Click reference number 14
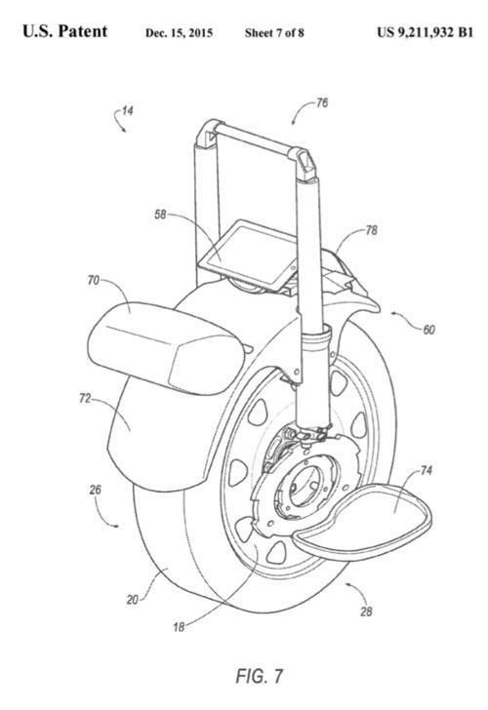pos(128,110)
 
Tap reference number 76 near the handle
pos(322,103)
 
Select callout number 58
pos(160,215)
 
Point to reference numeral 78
pos(371,230)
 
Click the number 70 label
pos(94,281)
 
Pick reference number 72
pos(85,399)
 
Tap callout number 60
pos(428,330)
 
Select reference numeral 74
pos(426,471)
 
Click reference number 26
pos(95,490)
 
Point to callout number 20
pos(133,600)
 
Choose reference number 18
pos(179,627)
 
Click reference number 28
pos(366,612)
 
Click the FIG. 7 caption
pos(260,676)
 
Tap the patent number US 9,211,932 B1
pos(425,32)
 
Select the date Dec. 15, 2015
pos(179,33)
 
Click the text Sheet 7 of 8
pos(274,33)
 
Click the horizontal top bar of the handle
pos(256,139)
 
